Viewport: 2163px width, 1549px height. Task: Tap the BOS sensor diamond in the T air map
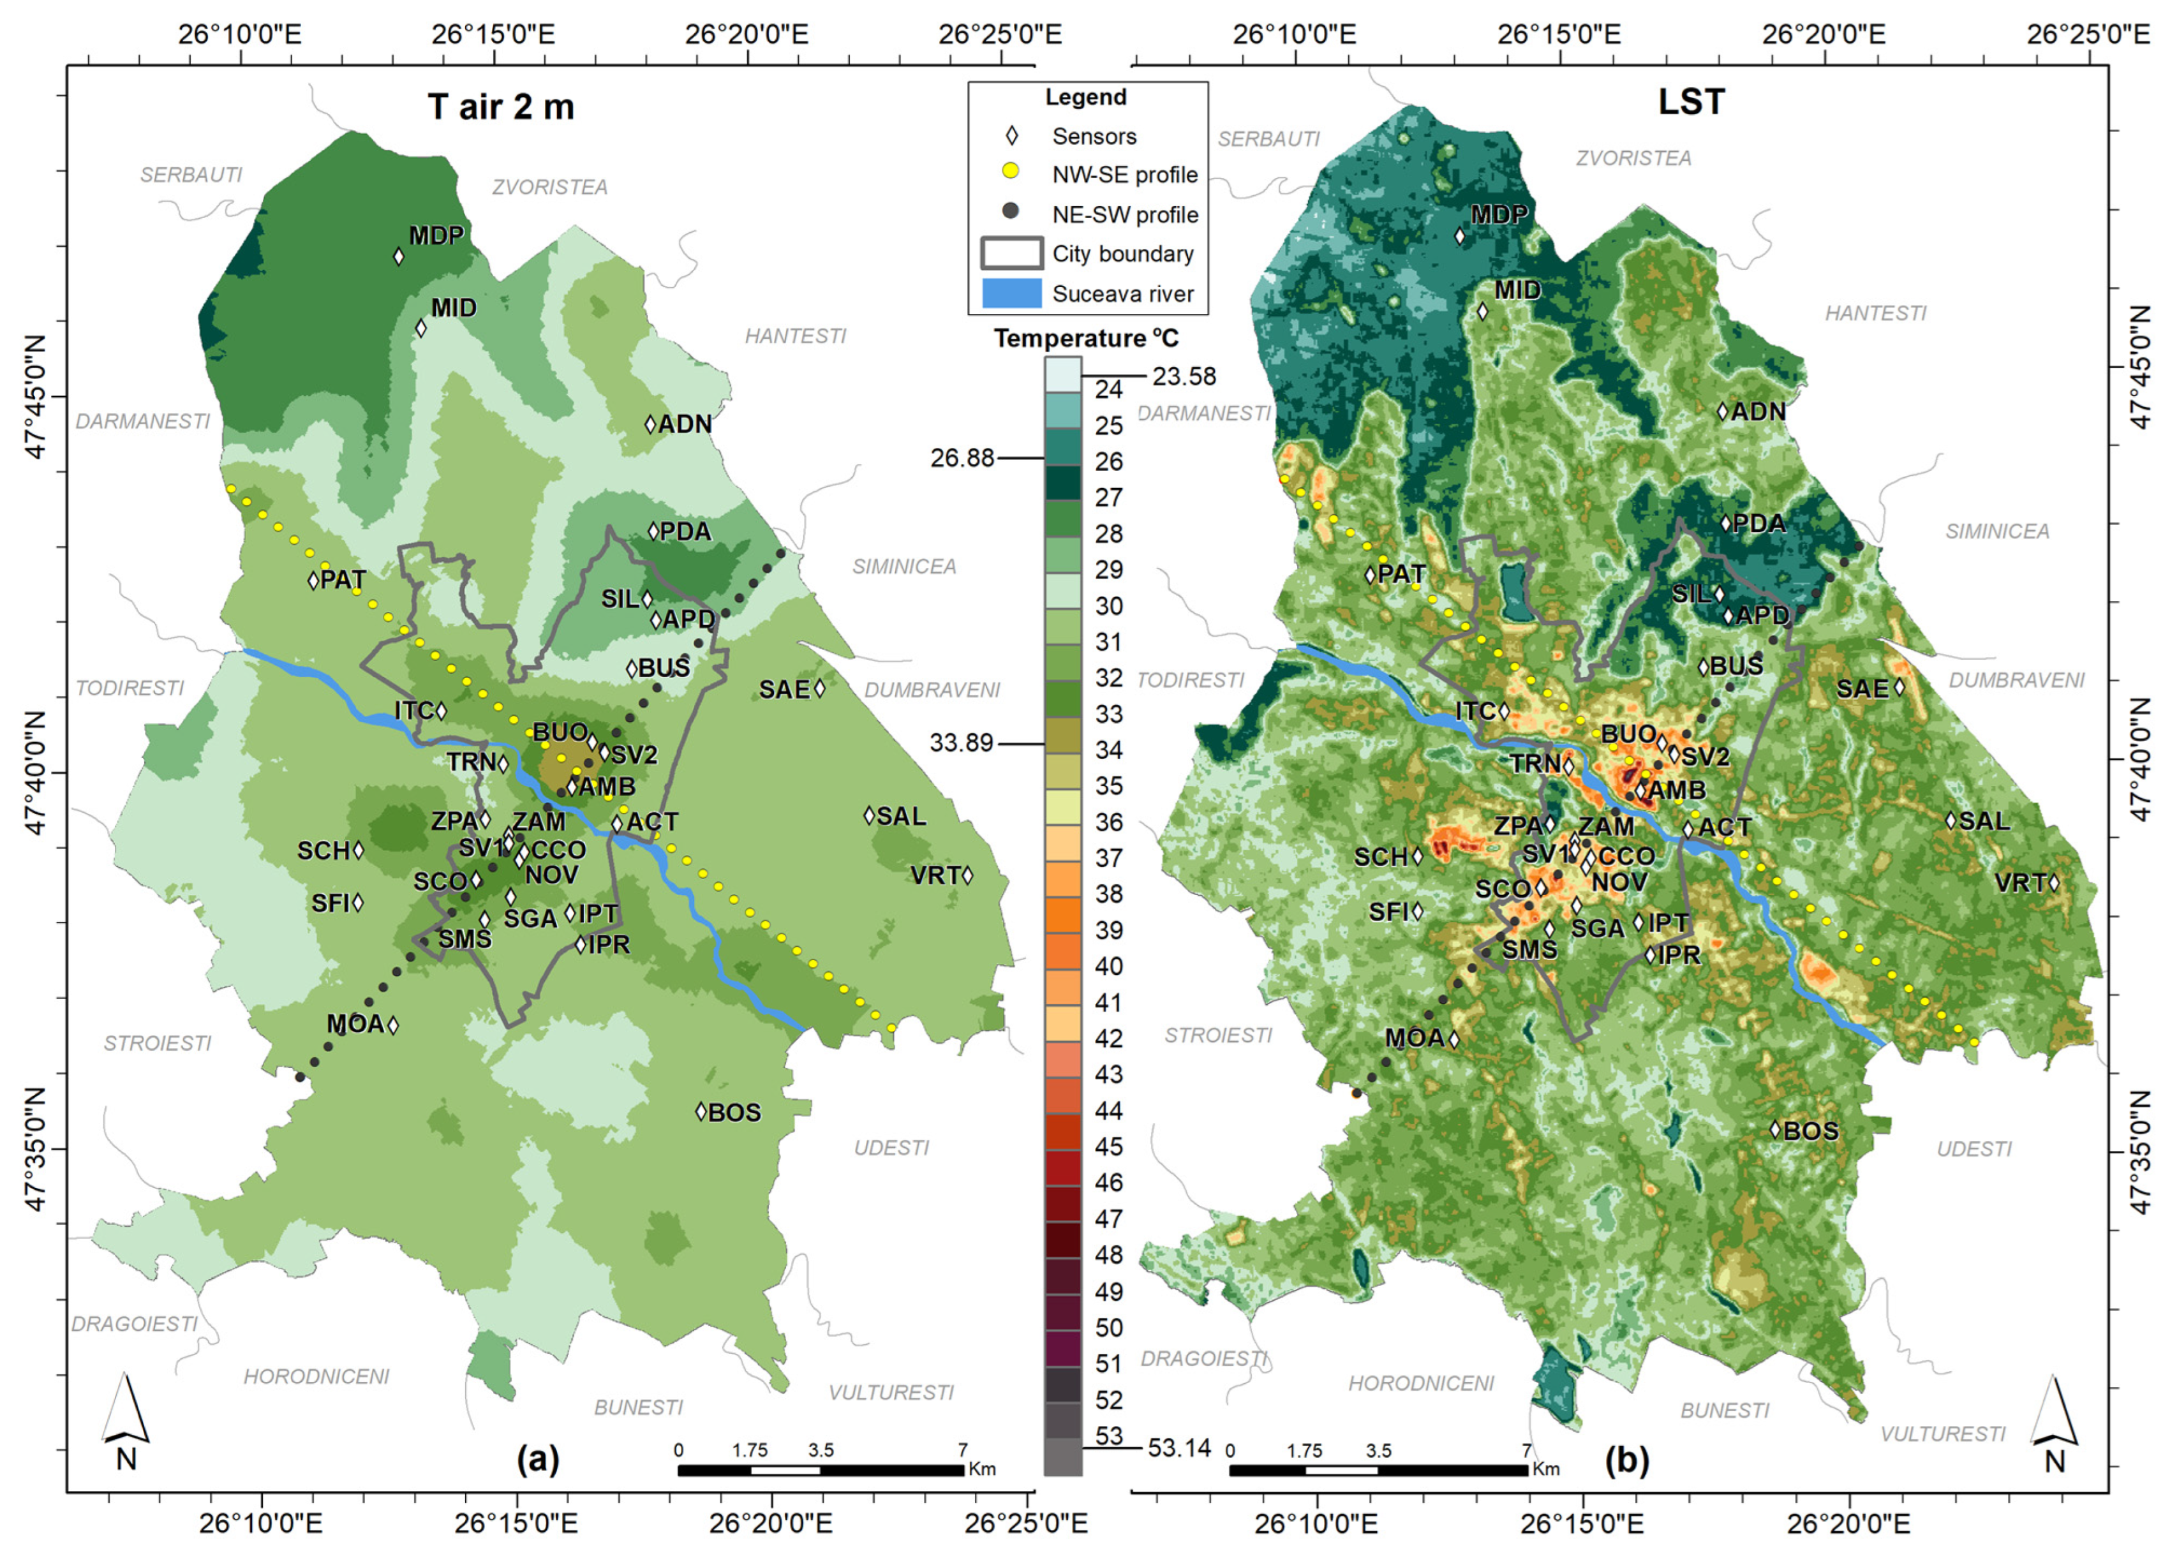(701, 1112)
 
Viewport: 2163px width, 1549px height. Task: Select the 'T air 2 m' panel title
(501, 107)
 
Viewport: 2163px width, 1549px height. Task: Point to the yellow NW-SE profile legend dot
(1011, 172)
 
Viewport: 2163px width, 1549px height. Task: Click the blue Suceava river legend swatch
(1011, 293)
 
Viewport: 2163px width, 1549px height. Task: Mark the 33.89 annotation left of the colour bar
(962, 742)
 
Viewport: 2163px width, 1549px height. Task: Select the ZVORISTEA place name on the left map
(549, 187)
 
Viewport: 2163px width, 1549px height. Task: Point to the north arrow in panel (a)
(125, 1422)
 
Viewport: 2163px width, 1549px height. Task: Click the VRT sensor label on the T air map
(935, 875)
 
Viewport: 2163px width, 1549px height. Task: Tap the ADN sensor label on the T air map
(685, 424)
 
